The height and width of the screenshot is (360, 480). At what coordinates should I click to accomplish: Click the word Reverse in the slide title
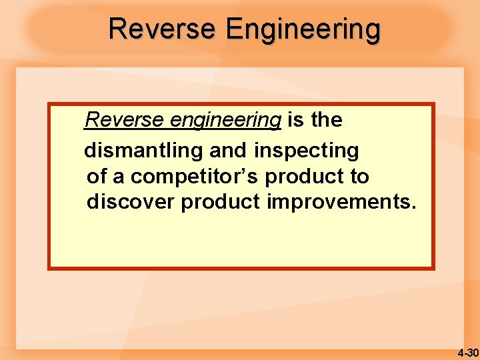(x=162, y=29)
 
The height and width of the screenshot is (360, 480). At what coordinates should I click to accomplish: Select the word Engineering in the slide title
(x=303, y=30)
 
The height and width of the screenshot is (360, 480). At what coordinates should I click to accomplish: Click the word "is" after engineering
(x=295, y=120)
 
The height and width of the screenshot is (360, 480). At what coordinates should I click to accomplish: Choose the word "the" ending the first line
(x=326, y=120)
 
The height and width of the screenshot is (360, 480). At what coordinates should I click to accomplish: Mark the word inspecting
(x=306, y=151)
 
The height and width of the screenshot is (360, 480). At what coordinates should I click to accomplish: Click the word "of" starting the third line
(x=97, y=177)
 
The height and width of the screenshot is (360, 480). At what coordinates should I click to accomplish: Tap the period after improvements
(x=413, y=207)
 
